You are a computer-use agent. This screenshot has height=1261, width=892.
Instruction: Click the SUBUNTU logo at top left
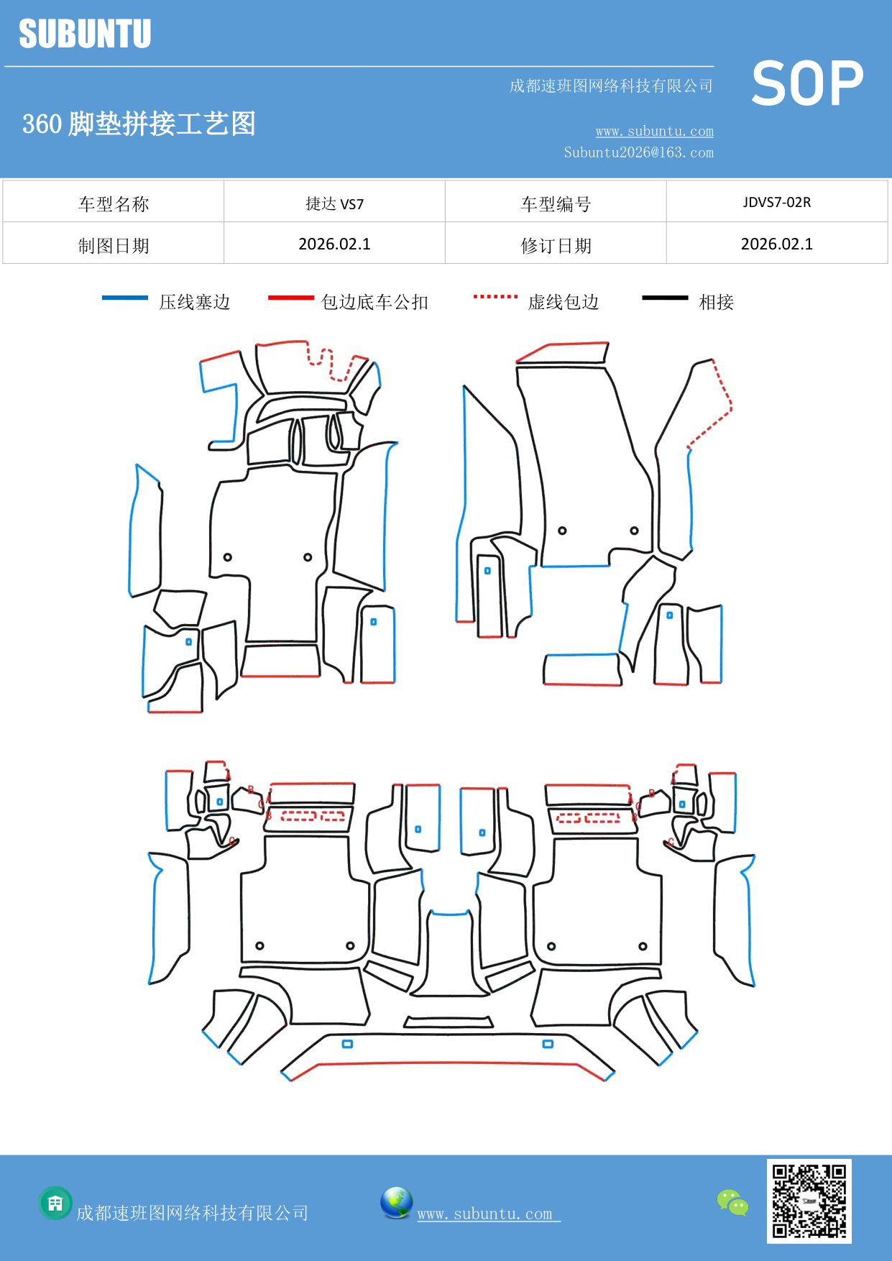[85, 34]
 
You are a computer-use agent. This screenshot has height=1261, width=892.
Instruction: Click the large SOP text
[807, 84]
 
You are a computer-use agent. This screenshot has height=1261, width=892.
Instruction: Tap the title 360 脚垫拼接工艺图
[139, 124]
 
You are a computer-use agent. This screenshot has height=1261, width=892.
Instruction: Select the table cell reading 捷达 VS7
[334, 203]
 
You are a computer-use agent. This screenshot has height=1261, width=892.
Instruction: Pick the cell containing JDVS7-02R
[776, 202]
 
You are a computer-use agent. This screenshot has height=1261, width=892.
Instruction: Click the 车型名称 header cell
[114, 204]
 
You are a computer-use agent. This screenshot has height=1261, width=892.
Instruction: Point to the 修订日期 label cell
[556, 246]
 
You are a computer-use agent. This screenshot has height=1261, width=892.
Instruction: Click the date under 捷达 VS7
[334, 244]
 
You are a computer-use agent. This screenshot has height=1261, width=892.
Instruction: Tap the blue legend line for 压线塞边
[125, 298]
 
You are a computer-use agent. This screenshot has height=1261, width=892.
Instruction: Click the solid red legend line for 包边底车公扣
[290, 298]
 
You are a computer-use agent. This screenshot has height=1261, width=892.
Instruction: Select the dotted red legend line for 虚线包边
[495, 296]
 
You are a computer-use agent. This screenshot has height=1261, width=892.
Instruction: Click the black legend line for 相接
[665, 298]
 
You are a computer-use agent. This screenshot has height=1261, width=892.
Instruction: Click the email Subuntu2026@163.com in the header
[638, 152]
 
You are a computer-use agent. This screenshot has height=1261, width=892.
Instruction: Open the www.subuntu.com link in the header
[654, 132]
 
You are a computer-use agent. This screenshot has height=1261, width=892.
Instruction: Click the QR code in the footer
[809, 1201]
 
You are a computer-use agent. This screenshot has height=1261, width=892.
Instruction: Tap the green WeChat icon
[732, 1202]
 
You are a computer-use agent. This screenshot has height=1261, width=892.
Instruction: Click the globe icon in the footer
[396, 1203]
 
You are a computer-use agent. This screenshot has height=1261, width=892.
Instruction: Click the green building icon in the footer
[55, 1203]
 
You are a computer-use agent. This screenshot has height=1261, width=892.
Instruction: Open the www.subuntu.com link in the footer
[485, 1214]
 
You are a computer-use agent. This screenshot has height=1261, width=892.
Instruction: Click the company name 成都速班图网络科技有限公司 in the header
[611, 86]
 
